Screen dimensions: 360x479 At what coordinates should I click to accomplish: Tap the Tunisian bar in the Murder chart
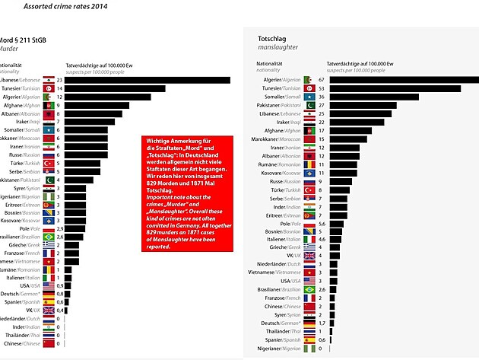115,89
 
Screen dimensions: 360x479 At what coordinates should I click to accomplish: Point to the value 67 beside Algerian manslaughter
322,79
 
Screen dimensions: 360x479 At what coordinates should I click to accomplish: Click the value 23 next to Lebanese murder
59,80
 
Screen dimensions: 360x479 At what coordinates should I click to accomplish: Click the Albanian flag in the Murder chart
48,113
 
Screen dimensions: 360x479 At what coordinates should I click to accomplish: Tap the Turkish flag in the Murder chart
48,163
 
